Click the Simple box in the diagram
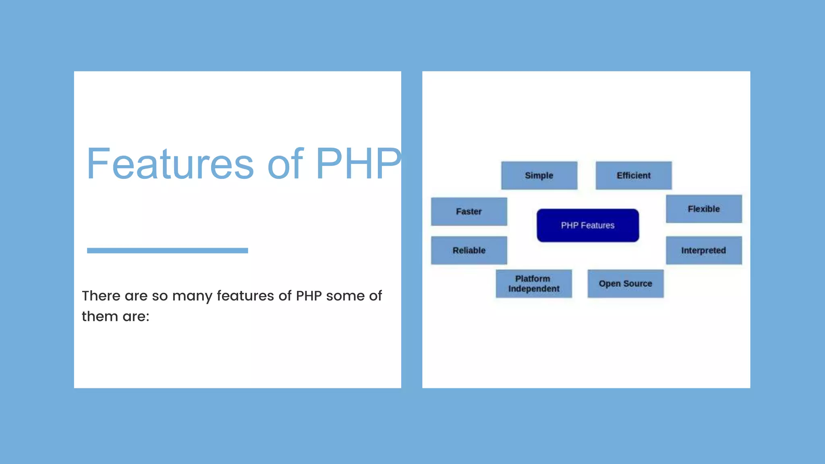pyautogui.click(x=539, y=175)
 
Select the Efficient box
pyautogui.click(x=633, y=175)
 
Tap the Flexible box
pyautogui.click(x=703, y=209)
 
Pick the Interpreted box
pyautogui.click(x=703, y=250)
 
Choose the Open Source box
pyautogui.click(x=625, y=284)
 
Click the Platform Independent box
pyautogui.click(x=533, y=284)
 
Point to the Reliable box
pyautogui.click(x=469, y=250)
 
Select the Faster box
pyautogui.click(x=469, y=211)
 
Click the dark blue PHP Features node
pyautogui.click(x=587, y=225)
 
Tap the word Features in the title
pyautogui.click(x=170, y=164)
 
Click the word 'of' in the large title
pyautogui.click(x=285, y=164)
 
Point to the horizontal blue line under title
pyautogui.click(x=167, y=251)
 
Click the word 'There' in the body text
pyautogui.click(x=101, y=296)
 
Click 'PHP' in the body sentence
pyautogui.click(x=309, y=296)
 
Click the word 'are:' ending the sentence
pyautogui.click(x=136, y=317)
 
